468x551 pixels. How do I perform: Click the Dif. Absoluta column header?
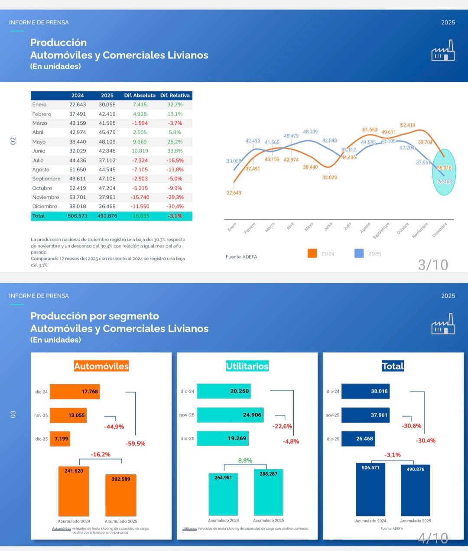coord(140,95)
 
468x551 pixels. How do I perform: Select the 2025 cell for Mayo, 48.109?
coord(107,142)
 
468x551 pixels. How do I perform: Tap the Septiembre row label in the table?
coord(46,178)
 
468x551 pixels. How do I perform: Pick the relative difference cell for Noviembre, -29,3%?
coord(175,197)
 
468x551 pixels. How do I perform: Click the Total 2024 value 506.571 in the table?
coord(78,216)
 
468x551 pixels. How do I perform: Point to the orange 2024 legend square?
coord(312,253)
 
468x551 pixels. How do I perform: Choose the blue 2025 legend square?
coord(359,253)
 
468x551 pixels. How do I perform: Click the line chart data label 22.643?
coord(234,193)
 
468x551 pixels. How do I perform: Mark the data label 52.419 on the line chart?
coord(408,125)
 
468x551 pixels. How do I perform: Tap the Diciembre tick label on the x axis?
coord(439,230)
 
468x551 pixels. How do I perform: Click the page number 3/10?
coord(432,265)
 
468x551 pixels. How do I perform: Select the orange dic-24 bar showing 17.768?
coord(75,392)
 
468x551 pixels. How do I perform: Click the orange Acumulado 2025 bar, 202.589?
coord(120,495)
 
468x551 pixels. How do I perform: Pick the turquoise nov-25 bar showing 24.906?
coord(230,415)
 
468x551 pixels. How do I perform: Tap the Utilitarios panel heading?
coord(247,366)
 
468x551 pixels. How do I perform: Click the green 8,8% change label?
coord(245,460)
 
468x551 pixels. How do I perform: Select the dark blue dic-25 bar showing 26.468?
coord(358,438)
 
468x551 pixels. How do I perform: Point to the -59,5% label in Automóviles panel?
coord(136,444)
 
